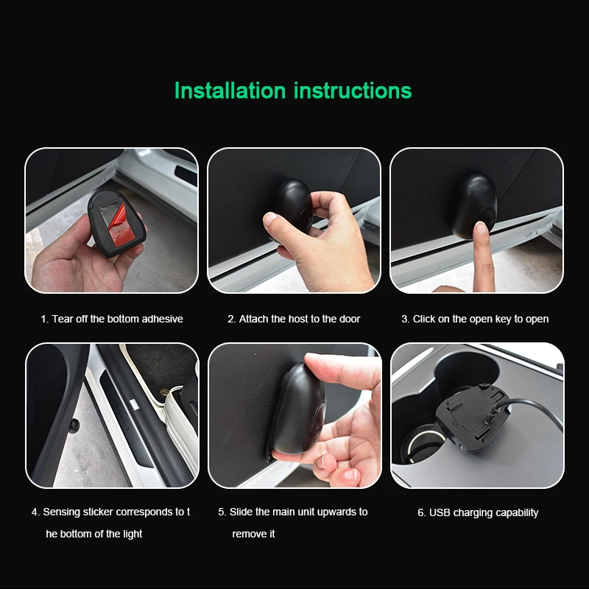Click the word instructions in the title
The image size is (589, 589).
click(353, 91)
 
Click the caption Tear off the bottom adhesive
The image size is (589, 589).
click(112, 319)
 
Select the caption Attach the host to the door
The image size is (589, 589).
click(294, 319)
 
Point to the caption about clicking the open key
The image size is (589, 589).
click(475, 319)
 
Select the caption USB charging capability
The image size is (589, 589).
click(478, 512)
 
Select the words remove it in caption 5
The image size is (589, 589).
click(253, 534)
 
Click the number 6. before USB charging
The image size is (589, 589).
click(422, 512)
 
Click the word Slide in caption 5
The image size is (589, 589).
click(241, 512)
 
